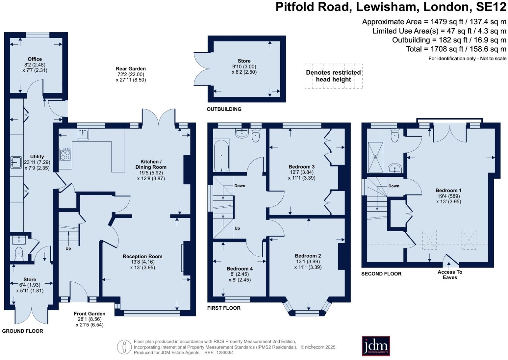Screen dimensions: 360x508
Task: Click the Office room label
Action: click(35, 59)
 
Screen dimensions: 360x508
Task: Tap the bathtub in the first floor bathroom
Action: click(221, 155)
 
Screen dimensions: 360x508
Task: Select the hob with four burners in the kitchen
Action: click(65, 154)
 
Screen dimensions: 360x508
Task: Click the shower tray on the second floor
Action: click(375, 157)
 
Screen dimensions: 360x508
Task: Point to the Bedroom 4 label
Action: click(240, 269)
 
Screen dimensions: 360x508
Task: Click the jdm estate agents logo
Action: click(376, 346)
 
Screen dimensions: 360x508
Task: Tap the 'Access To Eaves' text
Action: click(450, 274)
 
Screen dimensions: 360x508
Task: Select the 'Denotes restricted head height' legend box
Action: click(333, 76)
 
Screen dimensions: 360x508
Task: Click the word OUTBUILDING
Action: click(224, 109)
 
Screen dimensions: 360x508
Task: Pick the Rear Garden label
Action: click(131, 69)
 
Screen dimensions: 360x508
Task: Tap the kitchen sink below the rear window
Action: click(83, 134)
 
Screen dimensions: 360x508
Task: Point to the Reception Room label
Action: click(142, 256)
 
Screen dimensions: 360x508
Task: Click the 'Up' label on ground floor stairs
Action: click(68, 248)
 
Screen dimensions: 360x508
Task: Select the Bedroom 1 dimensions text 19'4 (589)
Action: click(448, 196)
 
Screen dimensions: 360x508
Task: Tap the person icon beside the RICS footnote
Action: click(124, 347)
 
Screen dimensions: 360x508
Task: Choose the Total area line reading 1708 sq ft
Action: click(456, 49)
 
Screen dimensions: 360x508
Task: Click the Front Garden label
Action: click(89, 314)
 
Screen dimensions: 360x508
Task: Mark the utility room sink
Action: click(16, 162)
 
